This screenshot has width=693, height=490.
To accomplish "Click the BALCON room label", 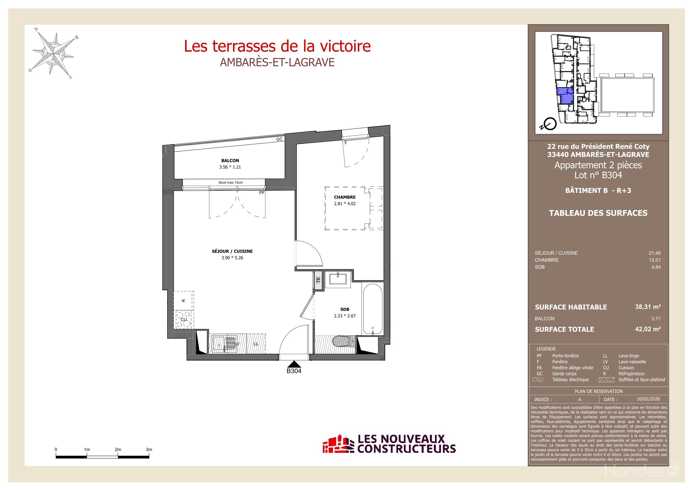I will coord(230,161).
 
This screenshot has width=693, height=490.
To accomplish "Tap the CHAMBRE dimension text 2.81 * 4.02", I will coord(345,204).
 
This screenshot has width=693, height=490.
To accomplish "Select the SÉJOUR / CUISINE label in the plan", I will coord(232,251).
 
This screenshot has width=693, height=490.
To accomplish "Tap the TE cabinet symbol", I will coord(318,280).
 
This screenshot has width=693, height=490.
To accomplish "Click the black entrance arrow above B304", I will coord(294,364).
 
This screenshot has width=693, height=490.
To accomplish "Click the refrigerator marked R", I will coord(183,301).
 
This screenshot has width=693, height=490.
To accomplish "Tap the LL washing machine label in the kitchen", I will coord(256,344).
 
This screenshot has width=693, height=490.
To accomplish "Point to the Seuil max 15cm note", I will coord(231,182).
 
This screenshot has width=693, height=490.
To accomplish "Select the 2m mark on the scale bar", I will coord(118,450).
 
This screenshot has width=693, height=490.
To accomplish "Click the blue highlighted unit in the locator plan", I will coord(565,95).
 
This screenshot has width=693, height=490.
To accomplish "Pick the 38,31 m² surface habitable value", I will coord(648,307).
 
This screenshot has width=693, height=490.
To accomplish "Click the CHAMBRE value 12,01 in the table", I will coord(655,260).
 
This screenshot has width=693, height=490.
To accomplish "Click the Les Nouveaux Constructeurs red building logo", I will coord(338,444).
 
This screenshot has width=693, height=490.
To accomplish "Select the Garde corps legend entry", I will coord(564,374).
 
